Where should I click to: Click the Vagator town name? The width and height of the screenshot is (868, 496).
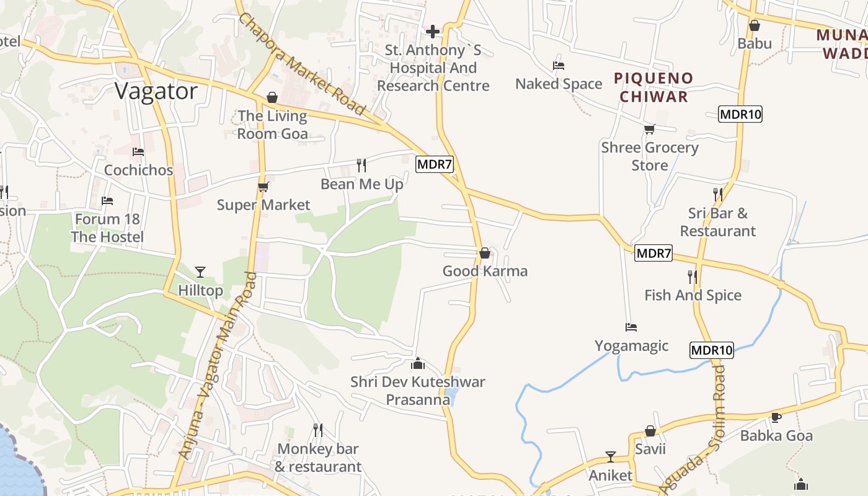click(156, 92)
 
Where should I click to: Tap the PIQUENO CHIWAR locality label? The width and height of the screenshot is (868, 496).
click(653, 87)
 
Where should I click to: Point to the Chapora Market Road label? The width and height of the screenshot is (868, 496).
click(302, 64)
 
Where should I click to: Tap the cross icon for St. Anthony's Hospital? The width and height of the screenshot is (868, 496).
click(433, 31)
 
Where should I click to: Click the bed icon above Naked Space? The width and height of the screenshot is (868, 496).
click(559, 66)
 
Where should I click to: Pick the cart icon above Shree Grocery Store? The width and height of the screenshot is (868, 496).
click(649, 129)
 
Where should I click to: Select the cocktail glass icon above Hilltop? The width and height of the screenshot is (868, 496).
click(200, 272)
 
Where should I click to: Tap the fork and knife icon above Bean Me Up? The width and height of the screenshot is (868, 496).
click(361, 166)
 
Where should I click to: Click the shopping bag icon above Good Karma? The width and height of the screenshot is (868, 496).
click(485, 253)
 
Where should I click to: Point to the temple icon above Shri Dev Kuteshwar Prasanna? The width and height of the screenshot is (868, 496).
click(418, 363)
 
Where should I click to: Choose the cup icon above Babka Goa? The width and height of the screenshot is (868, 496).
click(776, 417)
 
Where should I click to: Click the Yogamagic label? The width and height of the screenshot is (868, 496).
click(631, 345)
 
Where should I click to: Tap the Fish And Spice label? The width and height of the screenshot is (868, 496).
click(693, 295)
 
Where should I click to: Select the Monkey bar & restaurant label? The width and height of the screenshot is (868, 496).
click(317, 458)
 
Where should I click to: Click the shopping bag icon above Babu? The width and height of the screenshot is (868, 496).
click(755, 25)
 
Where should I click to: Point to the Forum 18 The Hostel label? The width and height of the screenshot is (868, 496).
click(107, 228)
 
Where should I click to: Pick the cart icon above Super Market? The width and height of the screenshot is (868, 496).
click(263, 187)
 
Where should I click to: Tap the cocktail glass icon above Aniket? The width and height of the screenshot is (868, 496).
click(611, 457)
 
